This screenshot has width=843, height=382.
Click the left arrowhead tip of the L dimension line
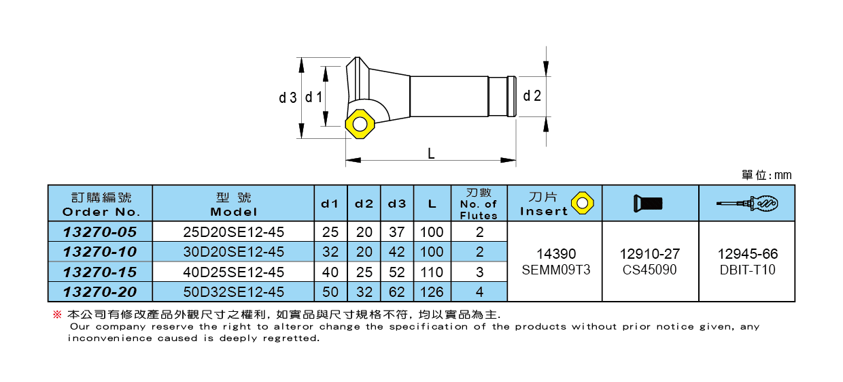(346, 160)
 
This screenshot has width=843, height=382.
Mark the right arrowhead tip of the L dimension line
(515, 160)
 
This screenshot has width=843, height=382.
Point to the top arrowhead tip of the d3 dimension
(301, 58)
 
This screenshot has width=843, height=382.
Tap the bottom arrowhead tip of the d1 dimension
(326, 126)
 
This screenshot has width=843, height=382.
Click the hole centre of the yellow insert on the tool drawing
(360, 125)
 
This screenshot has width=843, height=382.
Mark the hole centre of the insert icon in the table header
(582, 203)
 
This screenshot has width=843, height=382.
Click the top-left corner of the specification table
(48, 185)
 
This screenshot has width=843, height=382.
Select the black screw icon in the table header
(648, 203)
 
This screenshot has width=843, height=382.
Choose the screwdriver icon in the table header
(747, 204)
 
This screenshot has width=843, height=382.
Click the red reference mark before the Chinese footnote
(57, 314)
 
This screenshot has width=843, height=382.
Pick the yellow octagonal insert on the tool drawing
(360, 125)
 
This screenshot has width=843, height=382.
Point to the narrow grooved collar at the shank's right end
(511, 97)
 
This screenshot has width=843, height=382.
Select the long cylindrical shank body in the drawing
(449, 97)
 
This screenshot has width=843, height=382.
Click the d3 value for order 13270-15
(396, 272)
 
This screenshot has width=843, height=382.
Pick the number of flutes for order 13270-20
(479, 292)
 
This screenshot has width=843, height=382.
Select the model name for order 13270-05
(233, 232)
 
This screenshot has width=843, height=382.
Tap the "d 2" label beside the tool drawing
(532, 96)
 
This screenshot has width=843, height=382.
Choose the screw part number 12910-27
(650, 254)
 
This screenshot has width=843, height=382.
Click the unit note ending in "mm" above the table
(767, 175)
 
